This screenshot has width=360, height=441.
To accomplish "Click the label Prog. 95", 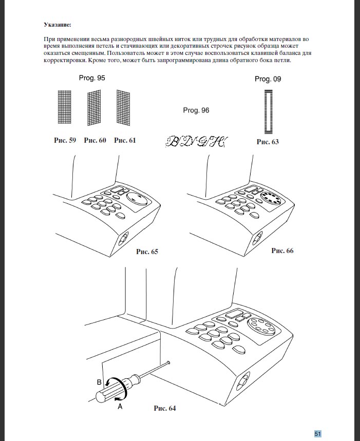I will [x=92, y=78].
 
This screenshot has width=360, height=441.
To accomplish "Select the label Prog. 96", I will [x=196, y=110].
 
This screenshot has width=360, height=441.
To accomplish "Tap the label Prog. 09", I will [x=268, y=79].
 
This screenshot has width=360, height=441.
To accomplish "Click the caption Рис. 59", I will [x=65, y=140].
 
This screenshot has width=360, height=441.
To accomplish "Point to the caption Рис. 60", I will [x=94, y=140].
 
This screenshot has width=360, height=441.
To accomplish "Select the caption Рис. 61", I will [x=125, y=140].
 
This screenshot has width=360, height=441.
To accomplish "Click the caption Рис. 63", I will [x=268, y=142].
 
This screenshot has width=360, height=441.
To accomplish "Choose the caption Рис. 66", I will [x=282, y=251].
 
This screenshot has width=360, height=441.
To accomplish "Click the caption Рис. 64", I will [x=165, y=409].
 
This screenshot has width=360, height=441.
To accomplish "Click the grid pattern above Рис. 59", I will [x=64, y=107].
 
